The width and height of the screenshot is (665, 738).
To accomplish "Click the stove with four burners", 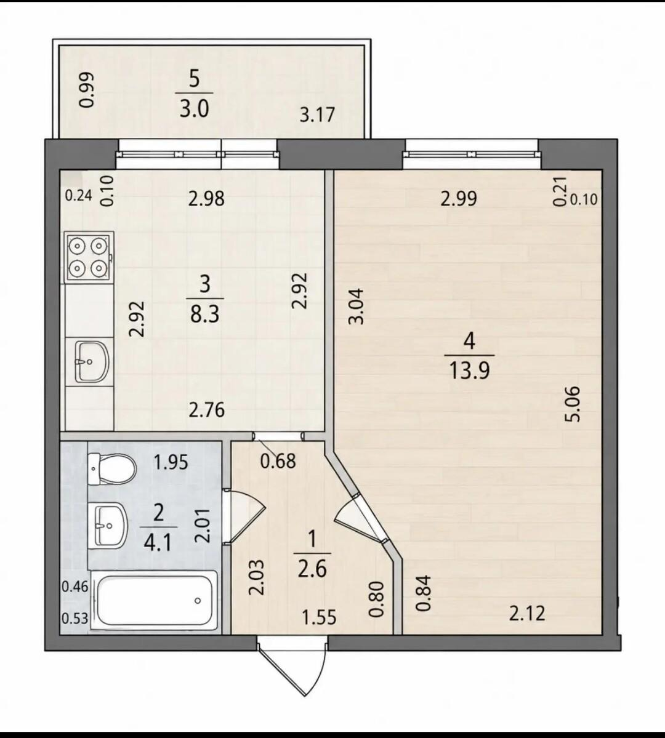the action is tap(89, 257).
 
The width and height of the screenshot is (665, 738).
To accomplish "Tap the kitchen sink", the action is tap(92, 361).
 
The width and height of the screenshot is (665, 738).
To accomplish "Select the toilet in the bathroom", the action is tap(112, 469).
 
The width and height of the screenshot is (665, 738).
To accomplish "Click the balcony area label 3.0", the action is tap(193, 110).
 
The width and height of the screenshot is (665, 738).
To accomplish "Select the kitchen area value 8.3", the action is tap(205, 315).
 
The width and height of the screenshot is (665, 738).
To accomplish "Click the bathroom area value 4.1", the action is tap(158, 543).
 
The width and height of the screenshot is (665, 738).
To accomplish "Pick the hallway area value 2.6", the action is tap(312, 569).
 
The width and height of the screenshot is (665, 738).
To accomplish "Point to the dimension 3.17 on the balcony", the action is tap(318, 115).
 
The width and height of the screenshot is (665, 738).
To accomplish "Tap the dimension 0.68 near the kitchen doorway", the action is tap(278, 461).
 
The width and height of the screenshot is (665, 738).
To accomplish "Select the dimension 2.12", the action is tap(527, 613).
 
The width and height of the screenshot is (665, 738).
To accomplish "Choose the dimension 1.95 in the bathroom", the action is tap(171, 463).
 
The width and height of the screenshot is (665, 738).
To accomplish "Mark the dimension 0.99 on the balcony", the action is tap(86, 89).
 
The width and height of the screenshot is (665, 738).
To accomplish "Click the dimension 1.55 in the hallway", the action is tap(320, 617).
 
